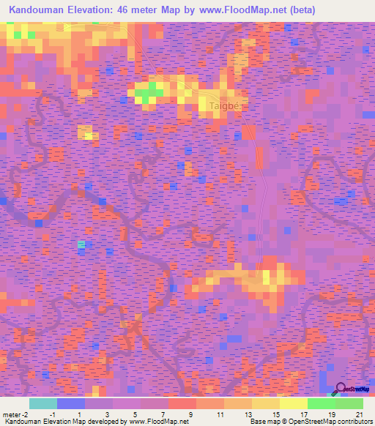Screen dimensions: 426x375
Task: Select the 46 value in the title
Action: pyautogui.click(x=145, y=11)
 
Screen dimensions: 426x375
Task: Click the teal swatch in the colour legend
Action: pyautogui.click(x=42, y=403)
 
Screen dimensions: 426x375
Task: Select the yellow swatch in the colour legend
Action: pyautogui.click(x=293, y=403)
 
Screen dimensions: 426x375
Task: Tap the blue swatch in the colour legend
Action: pyautogui.click(x=70, y=403)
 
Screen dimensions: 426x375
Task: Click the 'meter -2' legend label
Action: pyautogui.click(x=15, y=414)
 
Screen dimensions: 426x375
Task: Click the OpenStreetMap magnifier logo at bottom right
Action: pyautogui.click(x=342, y=389)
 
